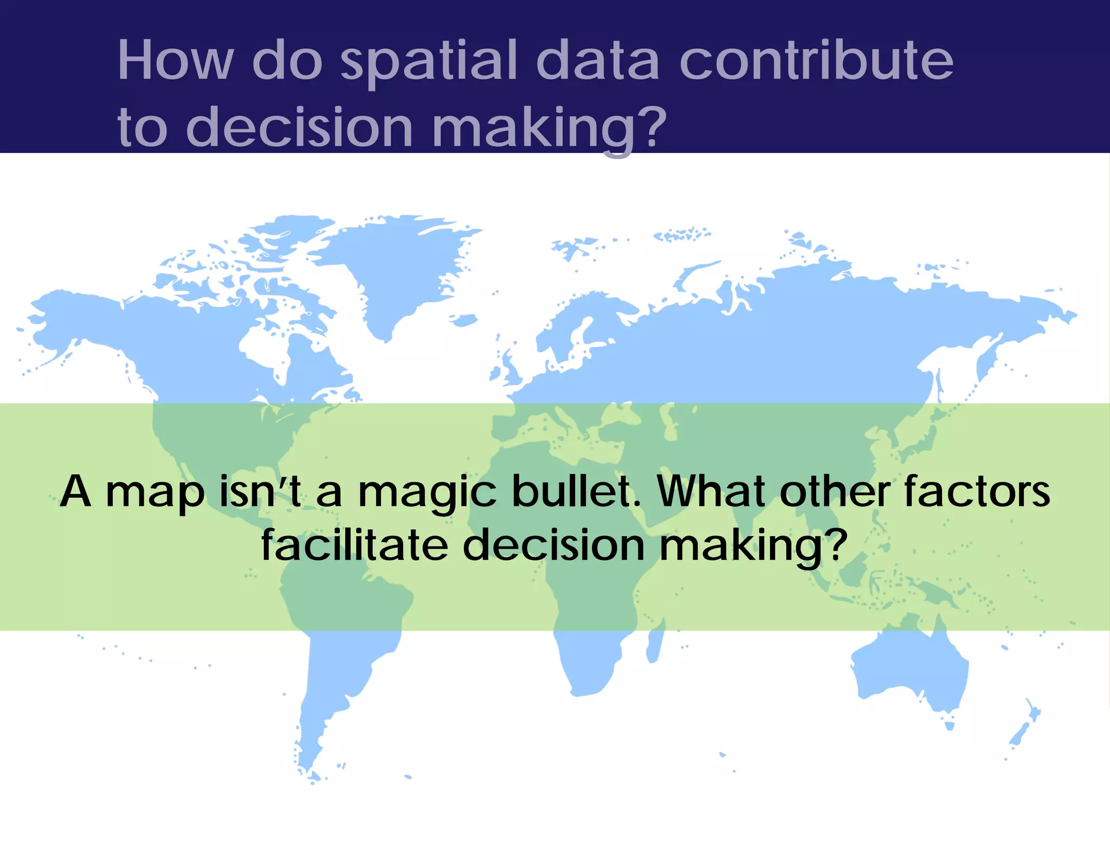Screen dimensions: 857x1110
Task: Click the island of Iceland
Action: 463,321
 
